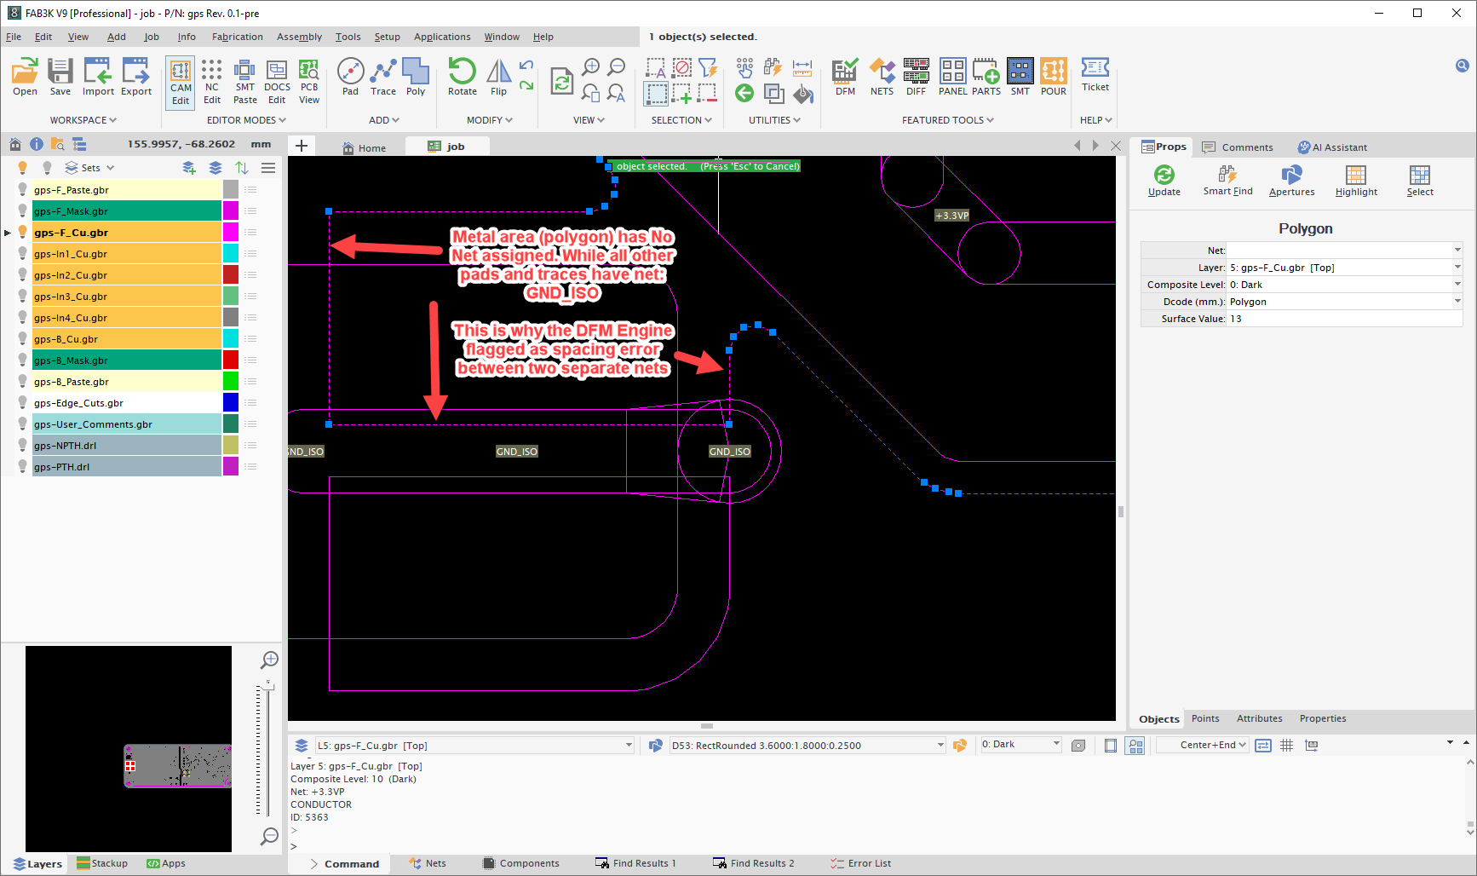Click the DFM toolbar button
pos(845,77)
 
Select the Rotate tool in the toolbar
pos(463,77)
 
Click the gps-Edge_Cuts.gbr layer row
pos(127,403)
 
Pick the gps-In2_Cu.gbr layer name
pos(71,275)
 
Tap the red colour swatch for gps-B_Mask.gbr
pos(231,360)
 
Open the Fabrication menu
pos(238,37)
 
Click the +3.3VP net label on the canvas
pos(951,216)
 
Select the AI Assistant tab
pos(1332,147)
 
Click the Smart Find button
pos(1227,181)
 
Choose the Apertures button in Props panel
pos(1291,181)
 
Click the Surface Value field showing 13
pos(1344,319)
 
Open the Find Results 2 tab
pos(753,863)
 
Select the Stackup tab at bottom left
pos(102,863)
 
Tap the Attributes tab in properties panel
pos(1259,718)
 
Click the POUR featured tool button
pos(1054,77)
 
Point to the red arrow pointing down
pos(435,360)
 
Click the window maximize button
pos(1417,13)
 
